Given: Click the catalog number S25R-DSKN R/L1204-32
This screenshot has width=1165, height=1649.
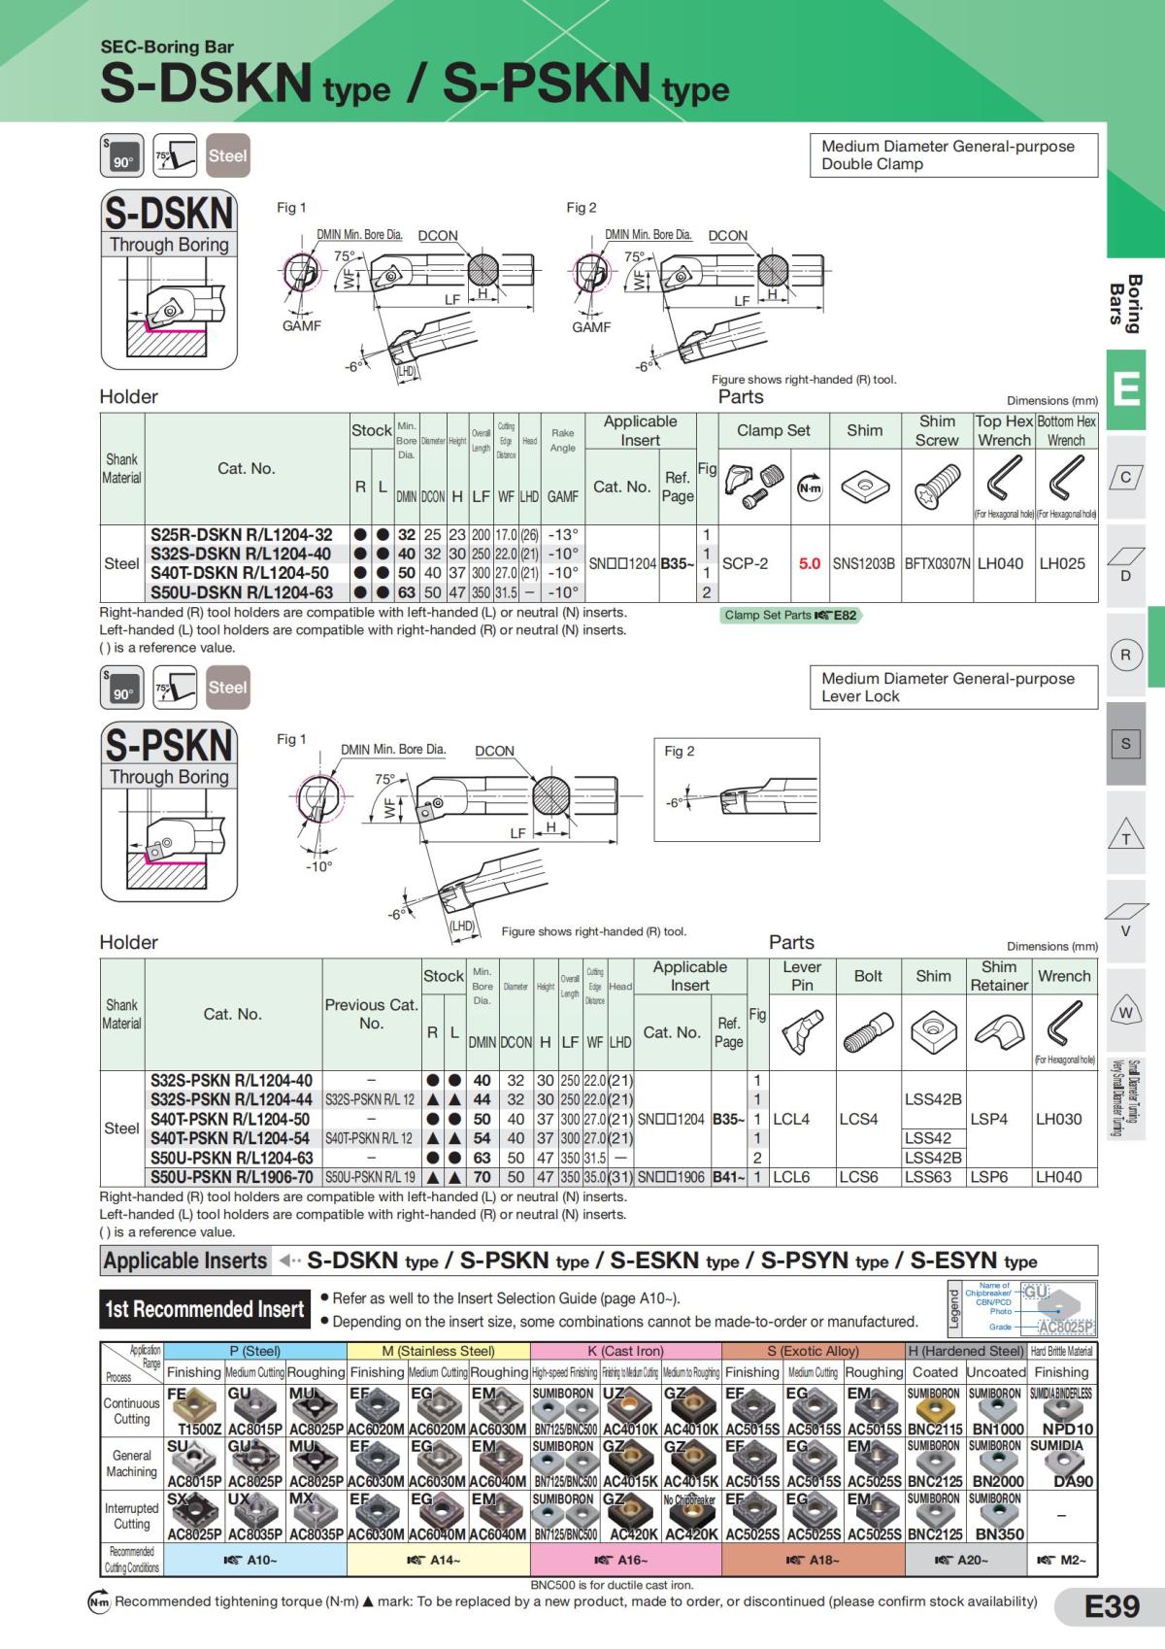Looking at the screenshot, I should pyautogui.click(x=241, y=535).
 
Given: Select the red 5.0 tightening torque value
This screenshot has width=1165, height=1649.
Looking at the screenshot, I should pyautogui.click(x=809, y=563).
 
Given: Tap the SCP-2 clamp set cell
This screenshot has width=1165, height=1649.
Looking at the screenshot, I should pyautogui.click(x=745, y=563).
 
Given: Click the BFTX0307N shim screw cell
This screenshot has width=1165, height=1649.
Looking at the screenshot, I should pyautogui.click(x=937, y=563).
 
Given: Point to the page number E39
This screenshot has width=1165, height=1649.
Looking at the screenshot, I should pyautogui.click(x=1112, y=1606).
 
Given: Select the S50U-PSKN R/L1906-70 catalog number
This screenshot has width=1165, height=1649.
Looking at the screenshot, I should pyautogui.click(x=231, y=1177).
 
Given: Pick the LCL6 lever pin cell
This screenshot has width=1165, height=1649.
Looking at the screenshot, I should pyautogui.click(x=791, y=1177).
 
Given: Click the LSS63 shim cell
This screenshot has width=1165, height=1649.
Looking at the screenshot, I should pyautogui.click(x=928, y=1177).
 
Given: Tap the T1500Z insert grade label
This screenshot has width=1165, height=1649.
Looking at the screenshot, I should pyautogui.click(x=200, y=1430).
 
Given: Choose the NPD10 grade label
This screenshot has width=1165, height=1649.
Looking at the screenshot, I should pyautogui.click(x=1067, y=1430).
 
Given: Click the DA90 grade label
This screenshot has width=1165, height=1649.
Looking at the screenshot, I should pyautogui.click(x=1073, y=1482).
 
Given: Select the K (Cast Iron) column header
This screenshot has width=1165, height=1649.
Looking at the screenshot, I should pyautogui.click(x=625, y=1351).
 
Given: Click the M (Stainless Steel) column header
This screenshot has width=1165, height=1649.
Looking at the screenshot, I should pyautogui.click(x=438, y=1351).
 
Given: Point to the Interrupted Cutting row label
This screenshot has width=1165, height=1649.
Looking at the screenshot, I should pyautogui.click(x=131, y=1516).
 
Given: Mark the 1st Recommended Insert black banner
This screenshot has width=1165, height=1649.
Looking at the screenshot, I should pyautogui.click(x=205, y=1309).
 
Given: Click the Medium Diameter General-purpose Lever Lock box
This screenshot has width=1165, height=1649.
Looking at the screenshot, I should pyautogui.click(x=952, y=688).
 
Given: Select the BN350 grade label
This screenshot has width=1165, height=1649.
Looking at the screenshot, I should pyautogui.click(x=999, y=1534).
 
